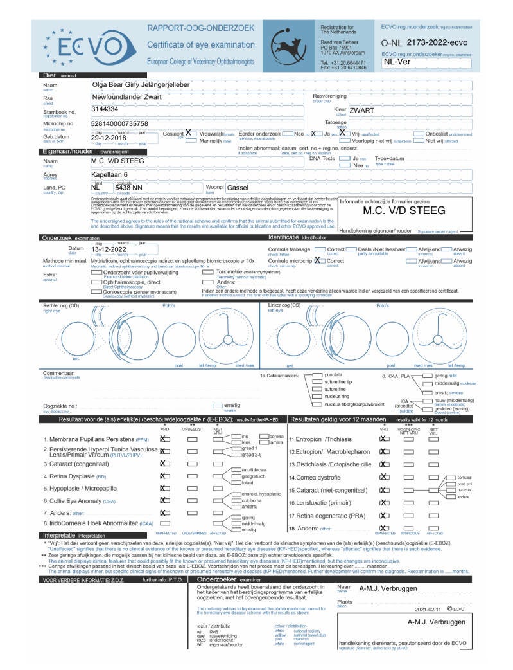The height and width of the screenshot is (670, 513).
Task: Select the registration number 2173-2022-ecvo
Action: (x=442, y=41)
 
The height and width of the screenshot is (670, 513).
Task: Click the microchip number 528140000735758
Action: (x=120, y=123)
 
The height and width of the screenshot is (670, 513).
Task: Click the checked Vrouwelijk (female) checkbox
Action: (x=189, y=133)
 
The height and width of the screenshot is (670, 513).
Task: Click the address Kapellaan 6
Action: (x=109, y=174)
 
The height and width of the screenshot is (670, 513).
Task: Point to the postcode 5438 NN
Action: (x=128, y=187)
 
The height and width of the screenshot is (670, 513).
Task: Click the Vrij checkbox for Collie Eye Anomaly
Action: (x=164, y=500)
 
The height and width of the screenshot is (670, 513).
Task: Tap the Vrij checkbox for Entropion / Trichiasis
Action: (x=385, y=439)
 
